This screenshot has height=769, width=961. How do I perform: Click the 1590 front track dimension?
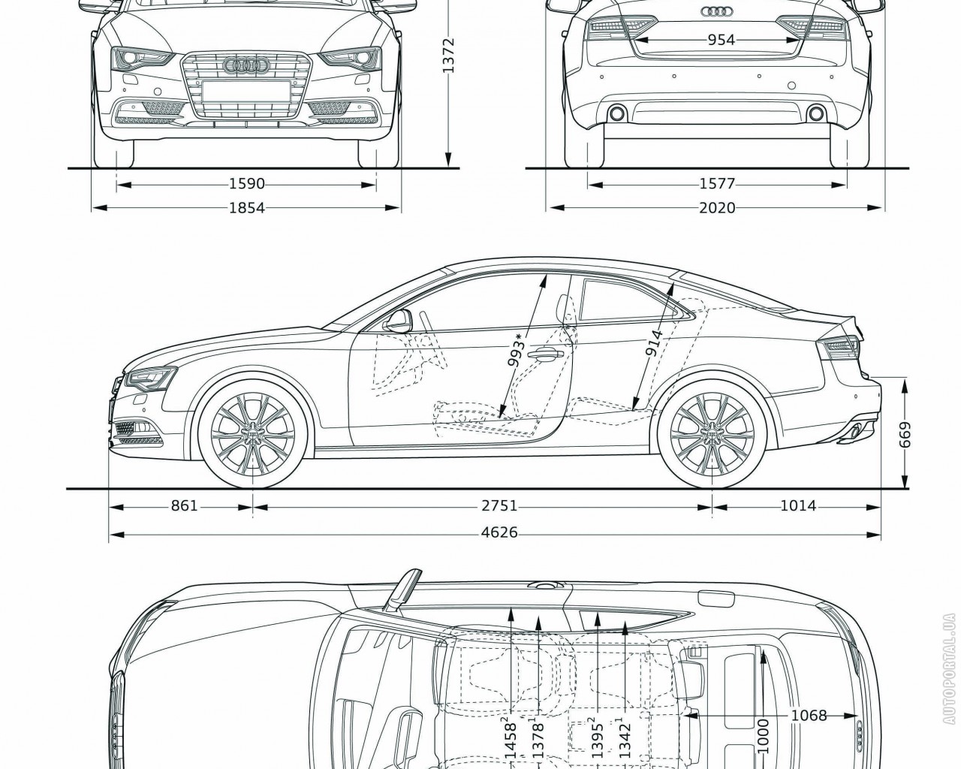pos(247,184)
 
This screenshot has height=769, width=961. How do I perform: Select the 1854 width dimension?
pos(247,208)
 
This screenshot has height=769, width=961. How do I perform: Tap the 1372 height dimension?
pos(448,55)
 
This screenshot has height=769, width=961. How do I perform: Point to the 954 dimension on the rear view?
pos(721,41)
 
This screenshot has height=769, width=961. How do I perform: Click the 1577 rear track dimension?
pos(717,184)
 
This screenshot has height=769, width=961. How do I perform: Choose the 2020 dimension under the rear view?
pos(717,208)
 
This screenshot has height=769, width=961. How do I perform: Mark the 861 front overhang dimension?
pos(184,506)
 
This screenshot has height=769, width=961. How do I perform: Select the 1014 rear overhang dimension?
pos(797,506)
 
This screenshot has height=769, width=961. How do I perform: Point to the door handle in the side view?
pos(546,353)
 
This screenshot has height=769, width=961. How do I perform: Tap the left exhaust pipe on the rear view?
pos(617,113)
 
